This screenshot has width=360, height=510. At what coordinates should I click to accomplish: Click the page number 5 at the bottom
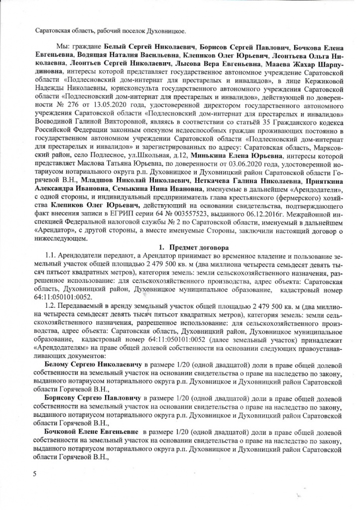coord(35,474)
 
